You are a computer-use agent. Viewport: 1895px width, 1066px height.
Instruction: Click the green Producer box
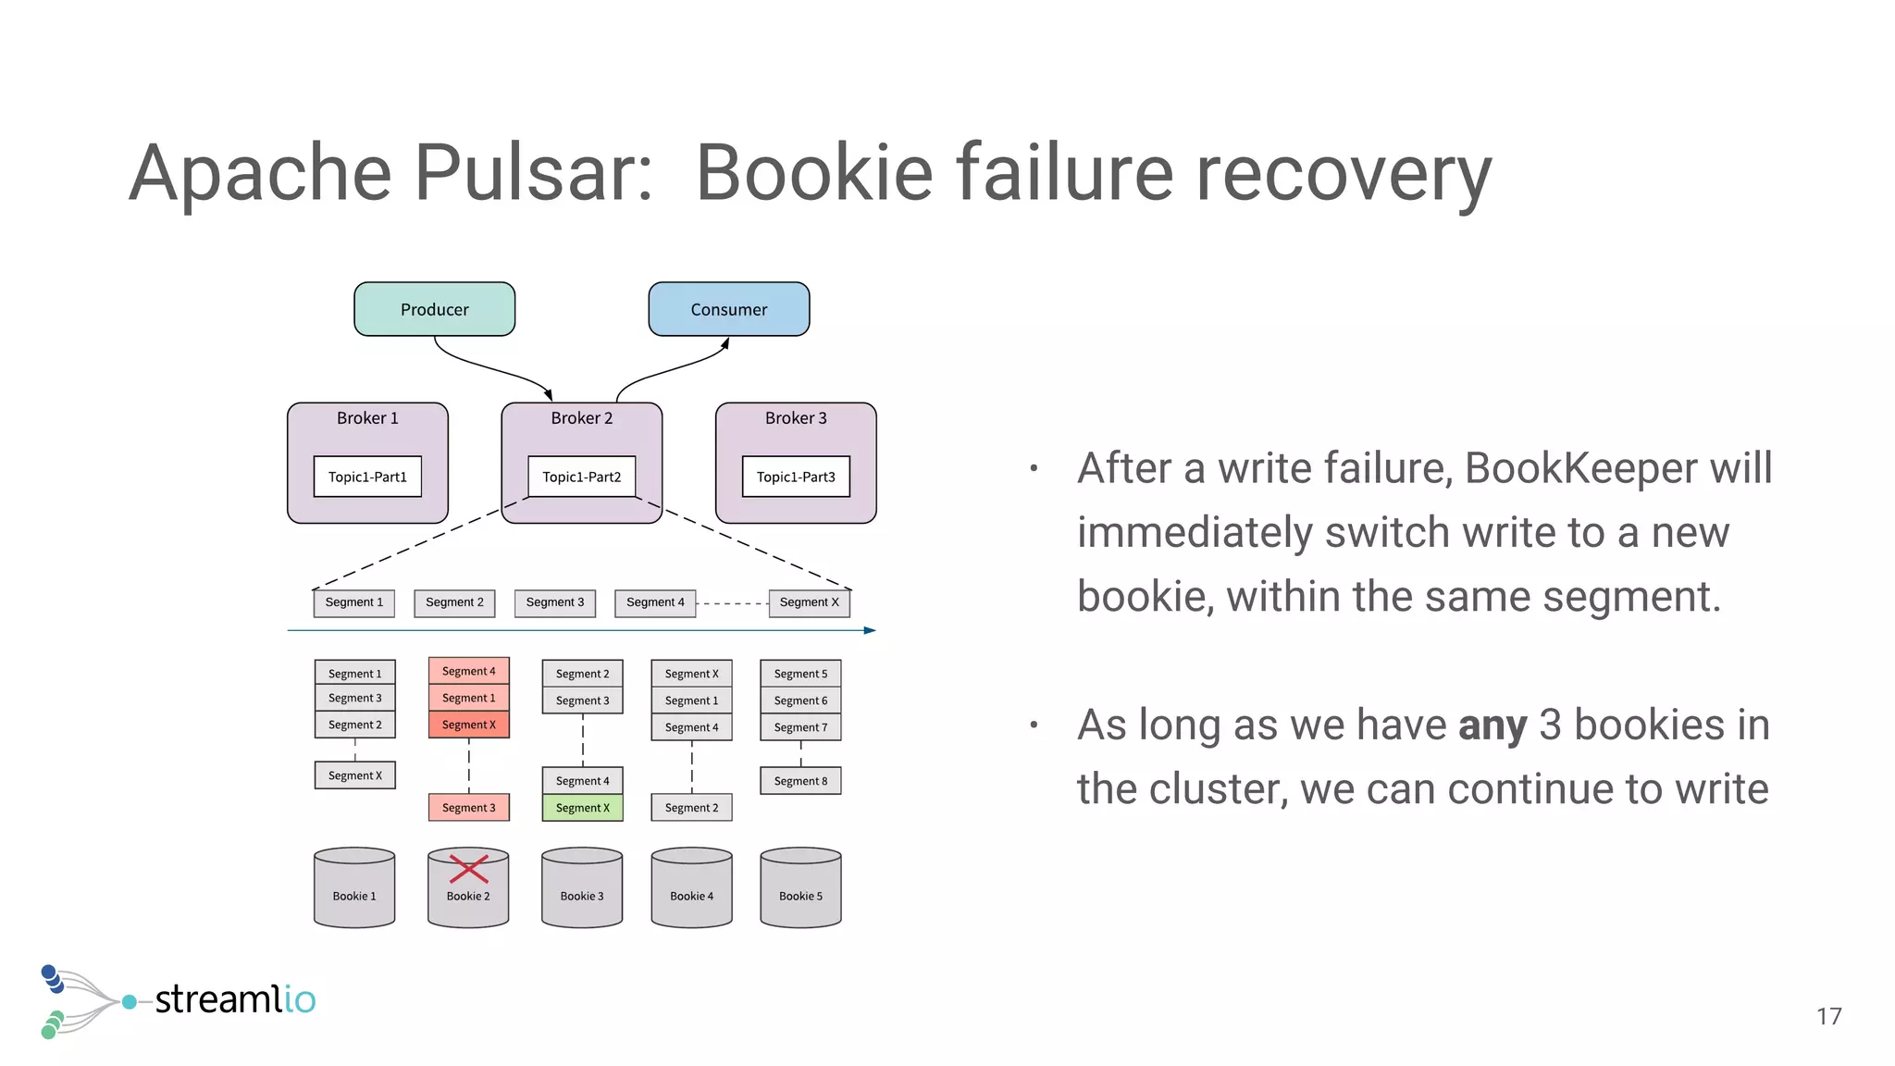(434, 309)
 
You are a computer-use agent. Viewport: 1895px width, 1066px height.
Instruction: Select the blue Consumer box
(728, 309)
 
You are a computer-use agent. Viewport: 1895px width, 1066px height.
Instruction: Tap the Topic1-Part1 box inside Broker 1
(367, 477)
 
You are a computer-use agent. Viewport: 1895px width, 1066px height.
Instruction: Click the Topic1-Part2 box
(581, 477)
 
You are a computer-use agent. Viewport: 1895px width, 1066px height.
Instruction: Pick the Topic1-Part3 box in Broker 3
(796, 477)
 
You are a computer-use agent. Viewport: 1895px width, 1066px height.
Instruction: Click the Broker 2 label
(581, 418)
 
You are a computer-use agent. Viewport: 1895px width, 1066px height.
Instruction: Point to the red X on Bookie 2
(468, 869)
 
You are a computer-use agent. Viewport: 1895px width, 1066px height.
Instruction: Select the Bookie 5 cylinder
(800, 887)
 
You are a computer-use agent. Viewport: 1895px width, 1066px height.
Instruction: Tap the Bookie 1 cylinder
(354, 887)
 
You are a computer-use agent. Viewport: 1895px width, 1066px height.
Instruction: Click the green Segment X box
(582, 808)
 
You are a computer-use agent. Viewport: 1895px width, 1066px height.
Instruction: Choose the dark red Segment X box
(468, 725)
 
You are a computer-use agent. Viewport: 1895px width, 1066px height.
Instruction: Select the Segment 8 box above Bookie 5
(800, 781)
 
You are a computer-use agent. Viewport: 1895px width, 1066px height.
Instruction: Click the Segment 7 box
(800, 727)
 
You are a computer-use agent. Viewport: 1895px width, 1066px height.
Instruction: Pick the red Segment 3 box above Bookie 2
(468, 808)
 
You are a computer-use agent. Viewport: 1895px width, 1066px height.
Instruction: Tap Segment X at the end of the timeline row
(809, 602)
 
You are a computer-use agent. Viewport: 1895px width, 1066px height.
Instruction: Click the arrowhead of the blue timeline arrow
(870, 630)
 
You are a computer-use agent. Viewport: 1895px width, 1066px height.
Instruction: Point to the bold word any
(1492, 725)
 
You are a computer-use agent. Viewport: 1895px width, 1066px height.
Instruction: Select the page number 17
(1828, 1017)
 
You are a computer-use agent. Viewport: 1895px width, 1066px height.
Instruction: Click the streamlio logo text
(235, 999)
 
